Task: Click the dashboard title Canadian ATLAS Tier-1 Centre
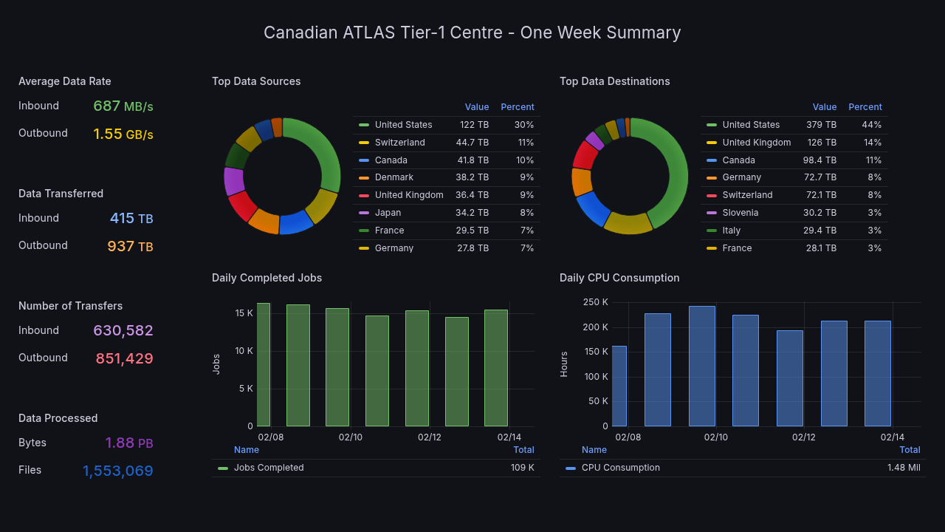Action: click(x=472, y=33)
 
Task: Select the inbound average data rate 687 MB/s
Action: click(x=123, y=106)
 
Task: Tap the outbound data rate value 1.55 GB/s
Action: click(x=123, y=134)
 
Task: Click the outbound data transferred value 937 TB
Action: click(x=130, y=247)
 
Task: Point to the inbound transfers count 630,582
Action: click(x=123, y=331)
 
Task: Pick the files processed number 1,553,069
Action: click(x=117, y=471)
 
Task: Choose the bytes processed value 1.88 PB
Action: click(x=128, y=443)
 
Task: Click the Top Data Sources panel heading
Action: click(x=256, y=81)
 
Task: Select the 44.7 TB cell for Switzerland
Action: click(x=472, y=143)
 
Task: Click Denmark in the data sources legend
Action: click(x=394, y=177)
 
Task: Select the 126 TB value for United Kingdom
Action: click(x=821, y=143)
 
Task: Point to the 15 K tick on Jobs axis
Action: click(x=244, y=313)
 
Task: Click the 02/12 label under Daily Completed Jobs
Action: click(x=429, y=437)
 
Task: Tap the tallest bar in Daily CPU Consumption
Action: click(x=701, y=366)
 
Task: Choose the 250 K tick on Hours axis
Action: click(x=595, y=302)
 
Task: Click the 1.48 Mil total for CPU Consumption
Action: click(x=903, y=468)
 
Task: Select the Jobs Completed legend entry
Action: click(x=268, y=468)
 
